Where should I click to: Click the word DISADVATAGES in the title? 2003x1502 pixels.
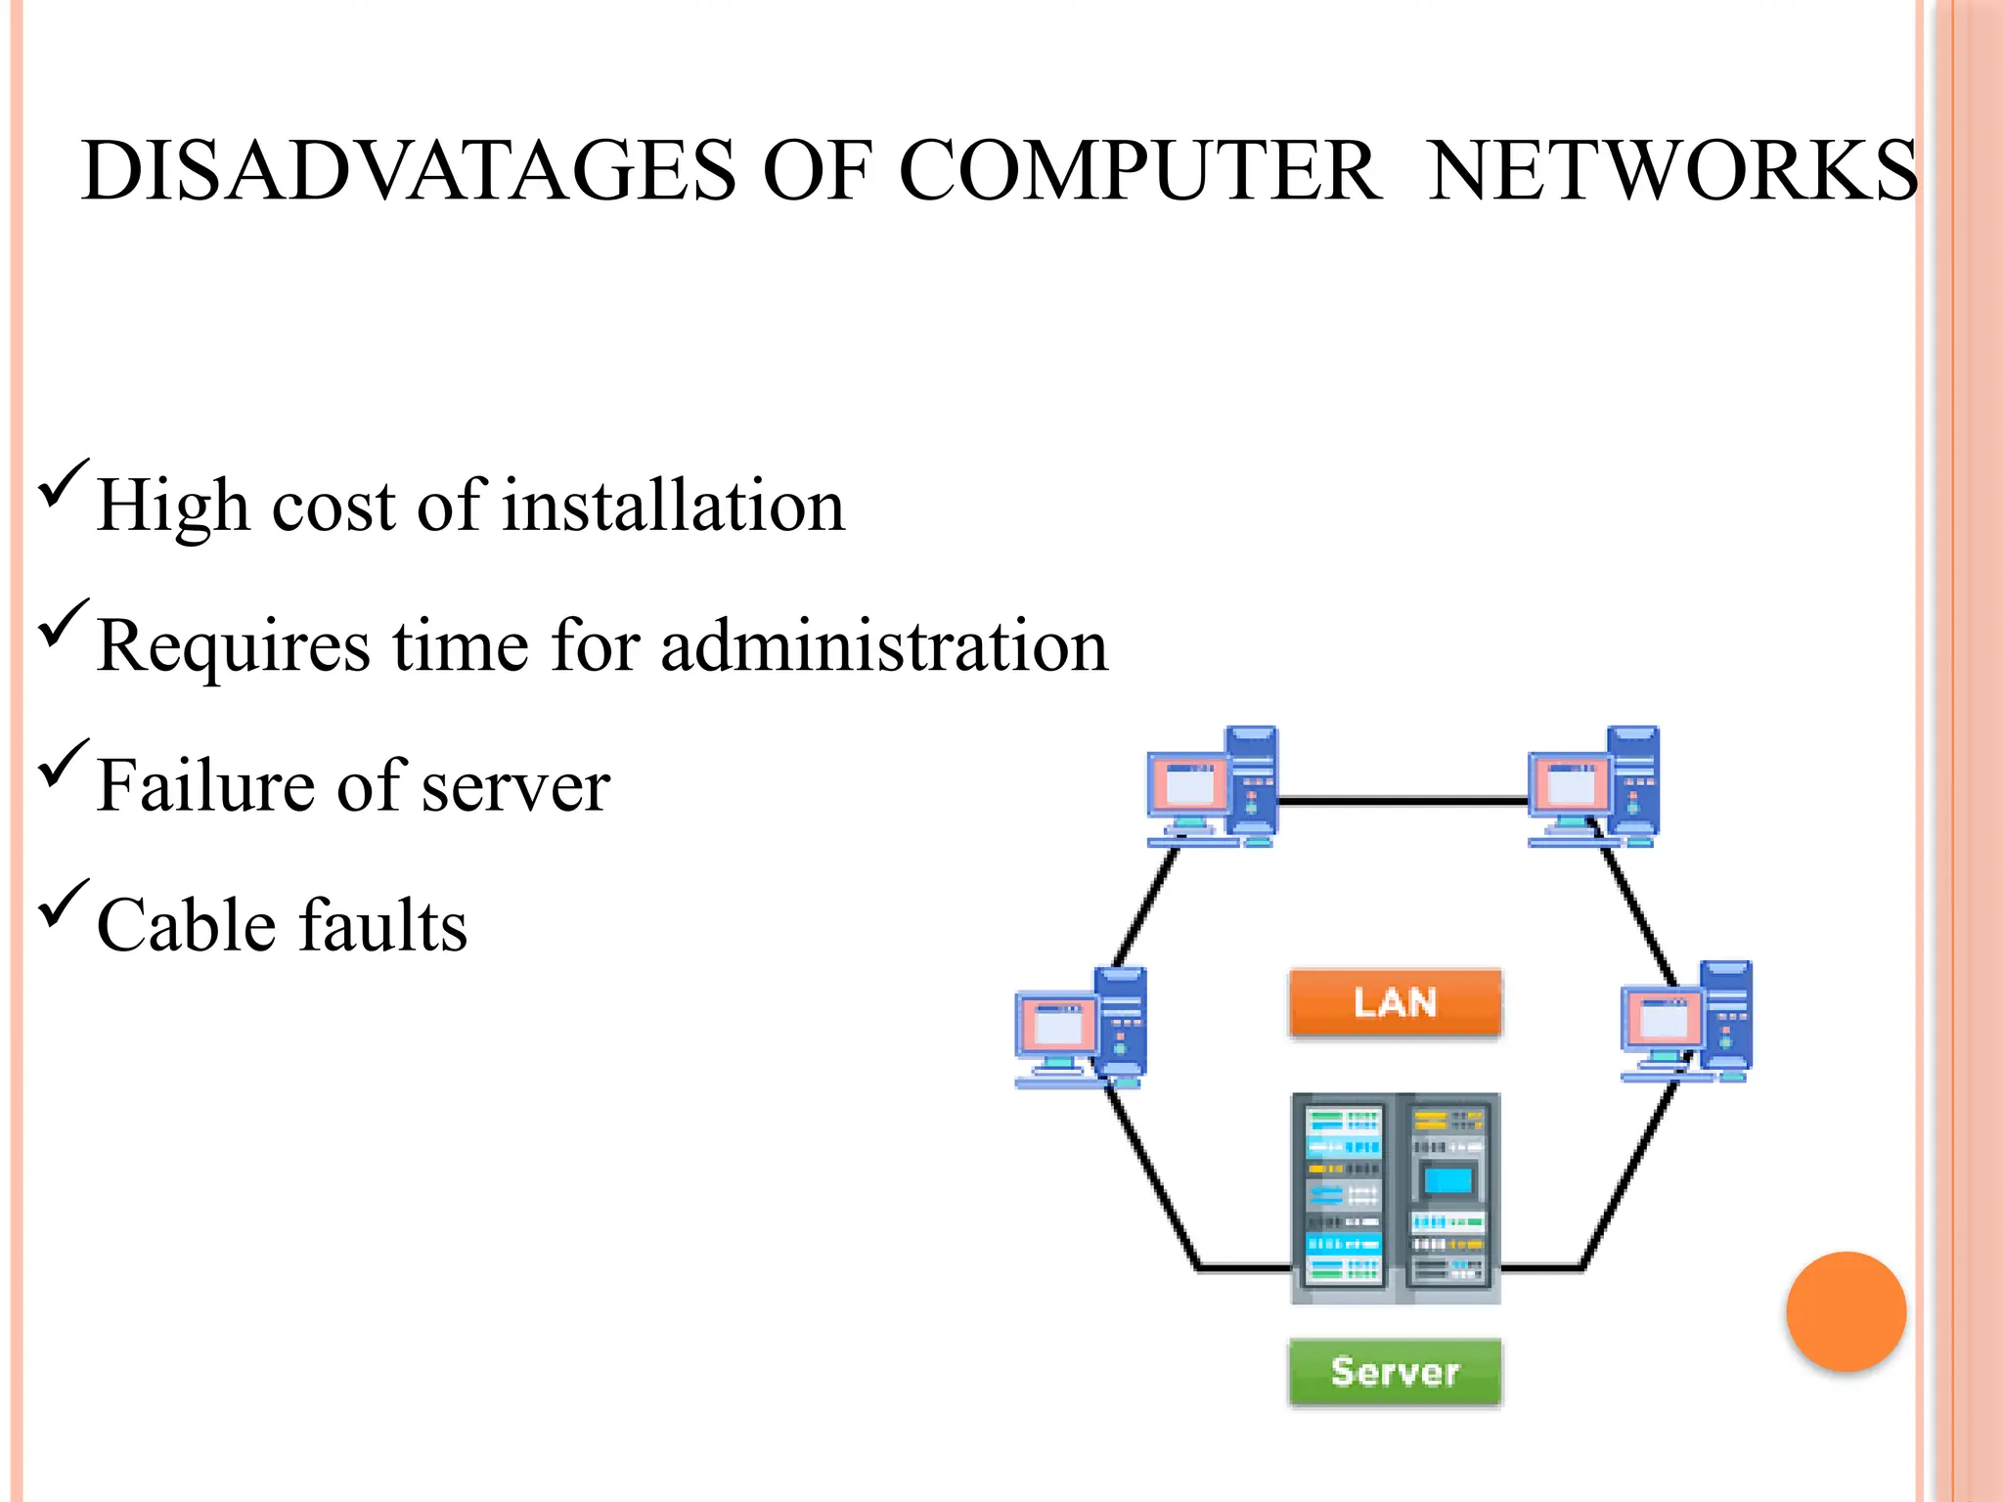click(x=408, y=172)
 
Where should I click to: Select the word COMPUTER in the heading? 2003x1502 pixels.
click(x=1139, y=172)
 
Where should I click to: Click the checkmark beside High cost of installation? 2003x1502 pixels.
click(x=64, y=484)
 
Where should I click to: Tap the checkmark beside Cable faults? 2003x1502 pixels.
click(x=64, y=905)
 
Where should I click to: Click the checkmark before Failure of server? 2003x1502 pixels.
click(x=64, y=765)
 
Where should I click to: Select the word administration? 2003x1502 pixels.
click(x=884, y=646)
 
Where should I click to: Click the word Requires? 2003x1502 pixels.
click(x=234, y=648)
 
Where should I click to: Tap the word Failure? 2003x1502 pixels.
click(x=205, y=786)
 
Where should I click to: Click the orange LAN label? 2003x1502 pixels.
click(x=1395, y=1002)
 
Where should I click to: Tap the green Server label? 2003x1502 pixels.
click(x=1395, y=1372)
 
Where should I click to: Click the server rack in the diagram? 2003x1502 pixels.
click(x=1395, y=1198)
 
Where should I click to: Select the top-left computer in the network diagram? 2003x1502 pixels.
click(x=1213, y=787)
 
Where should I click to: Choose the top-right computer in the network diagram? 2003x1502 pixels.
click(x=1594, y=787)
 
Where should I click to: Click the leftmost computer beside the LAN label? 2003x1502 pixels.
click(x=1081, y=1027)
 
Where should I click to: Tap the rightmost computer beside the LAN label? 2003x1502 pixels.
click(x=1687, y=1022)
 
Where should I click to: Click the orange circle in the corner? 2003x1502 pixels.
click(x=1846, y=1311)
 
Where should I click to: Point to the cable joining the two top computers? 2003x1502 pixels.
click(x=1403, y=801)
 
